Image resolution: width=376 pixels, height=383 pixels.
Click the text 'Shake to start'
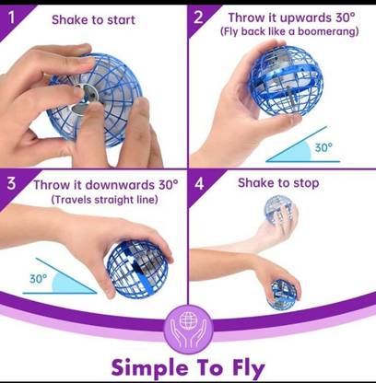[x=92, y=19]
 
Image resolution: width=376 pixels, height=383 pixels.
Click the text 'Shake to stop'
[x=278, y=182]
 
